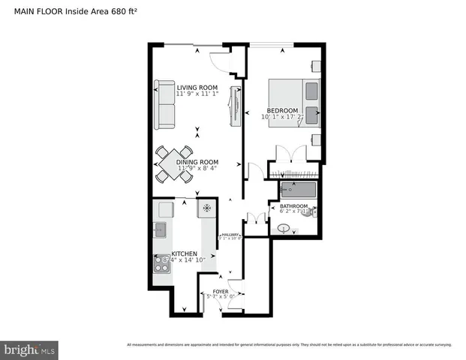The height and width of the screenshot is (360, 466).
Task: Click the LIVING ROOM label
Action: coord(197,86)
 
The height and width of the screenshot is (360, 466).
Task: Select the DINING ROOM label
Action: coord(197,161)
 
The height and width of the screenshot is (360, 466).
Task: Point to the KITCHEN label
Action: coord(184,254)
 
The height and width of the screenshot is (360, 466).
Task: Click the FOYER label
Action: coord(221,290)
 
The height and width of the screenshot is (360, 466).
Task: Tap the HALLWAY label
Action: coord(230,235)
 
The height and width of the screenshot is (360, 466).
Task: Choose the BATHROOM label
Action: coord(293,206)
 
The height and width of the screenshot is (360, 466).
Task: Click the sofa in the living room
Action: coord(164,104)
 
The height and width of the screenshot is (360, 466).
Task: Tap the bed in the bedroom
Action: coord(296,100)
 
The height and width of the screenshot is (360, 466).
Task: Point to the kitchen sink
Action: coord(161,229)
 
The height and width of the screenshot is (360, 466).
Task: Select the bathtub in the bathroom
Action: coord(298,190)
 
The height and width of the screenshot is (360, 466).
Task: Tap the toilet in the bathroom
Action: coord(314,212)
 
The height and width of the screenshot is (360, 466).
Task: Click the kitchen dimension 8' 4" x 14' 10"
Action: coord(185,261)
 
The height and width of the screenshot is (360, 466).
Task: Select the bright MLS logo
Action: coord(30,349)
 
